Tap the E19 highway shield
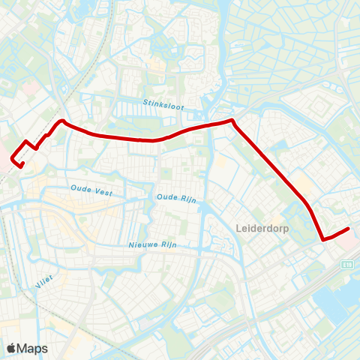pyautogui.click(x=348, y=264)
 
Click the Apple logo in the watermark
pyautogui.click(x=11, y=348)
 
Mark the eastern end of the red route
pyautogui.click(x=349, y=229)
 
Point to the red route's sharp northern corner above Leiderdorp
pyautogui.click(x=232, y=120)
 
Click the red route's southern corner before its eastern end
pyautogui.click(x=323, y=239)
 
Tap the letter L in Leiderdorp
pyautogui.click(x=238, y=226)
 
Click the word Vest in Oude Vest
pyautogui.click(x=103, y=193)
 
